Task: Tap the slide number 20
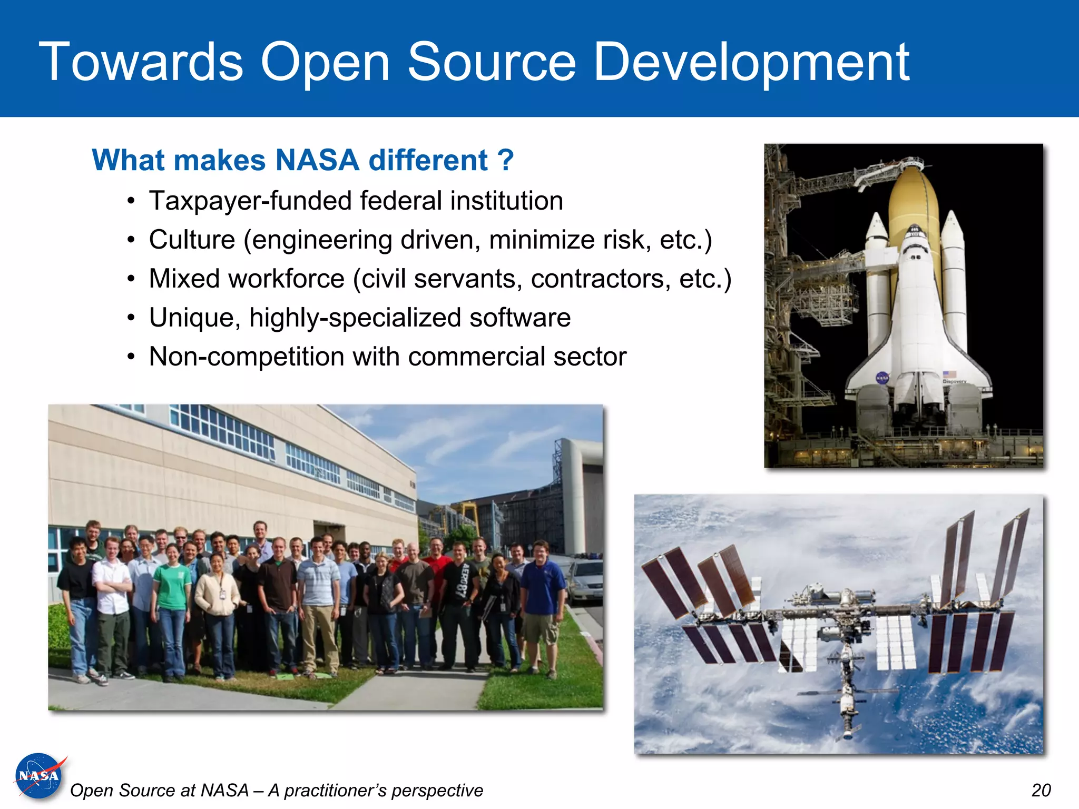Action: pos(1041,791)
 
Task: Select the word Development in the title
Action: pos(751,63)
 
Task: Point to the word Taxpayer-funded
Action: pos(250,201)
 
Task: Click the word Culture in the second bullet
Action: pos(192,240)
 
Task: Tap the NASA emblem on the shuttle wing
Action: pos(882,378)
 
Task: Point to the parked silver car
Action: pos(585,582)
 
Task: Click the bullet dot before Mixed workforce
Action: pos(131,279)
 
